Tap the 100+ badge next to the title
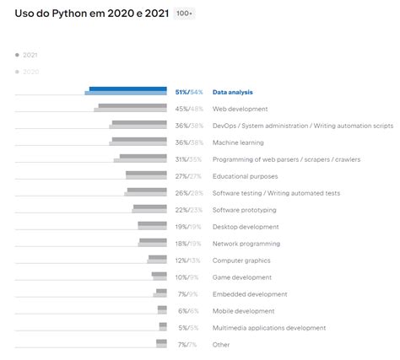pyautogui.click(x=183, y=14)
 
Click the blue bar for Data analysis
pyautogui.click(x=127, y=89)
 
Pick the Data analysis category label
pyautogui.click(x=233, y=92)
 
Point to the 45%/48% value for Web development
pyautogui.click(x=189, y=109)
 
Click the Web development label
pyautogui.click(x=240, y=109)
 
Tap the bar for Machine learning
pyautogui.click(x=139, y=141)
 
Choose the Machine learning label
pyautogui.click(x=238, y=142)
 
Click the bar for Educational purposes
pyautogui.click(x=146, y=175)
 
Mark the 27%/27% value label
pyautogui.click(x=189, y=176)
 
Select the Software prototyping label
pyautogui.click(x=244, y=210)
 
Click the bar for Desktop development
pyautogui.click(x=152, y=225)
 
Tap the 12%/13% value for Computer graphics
pyautogui.click(x=189, y=261)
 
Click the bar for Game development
pyautogui.click(x=159, y=276)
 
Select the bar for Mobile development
pyautogui.click(x=162, y=309)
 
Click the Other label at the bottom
pyautogui.click(x=221, y=345)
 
